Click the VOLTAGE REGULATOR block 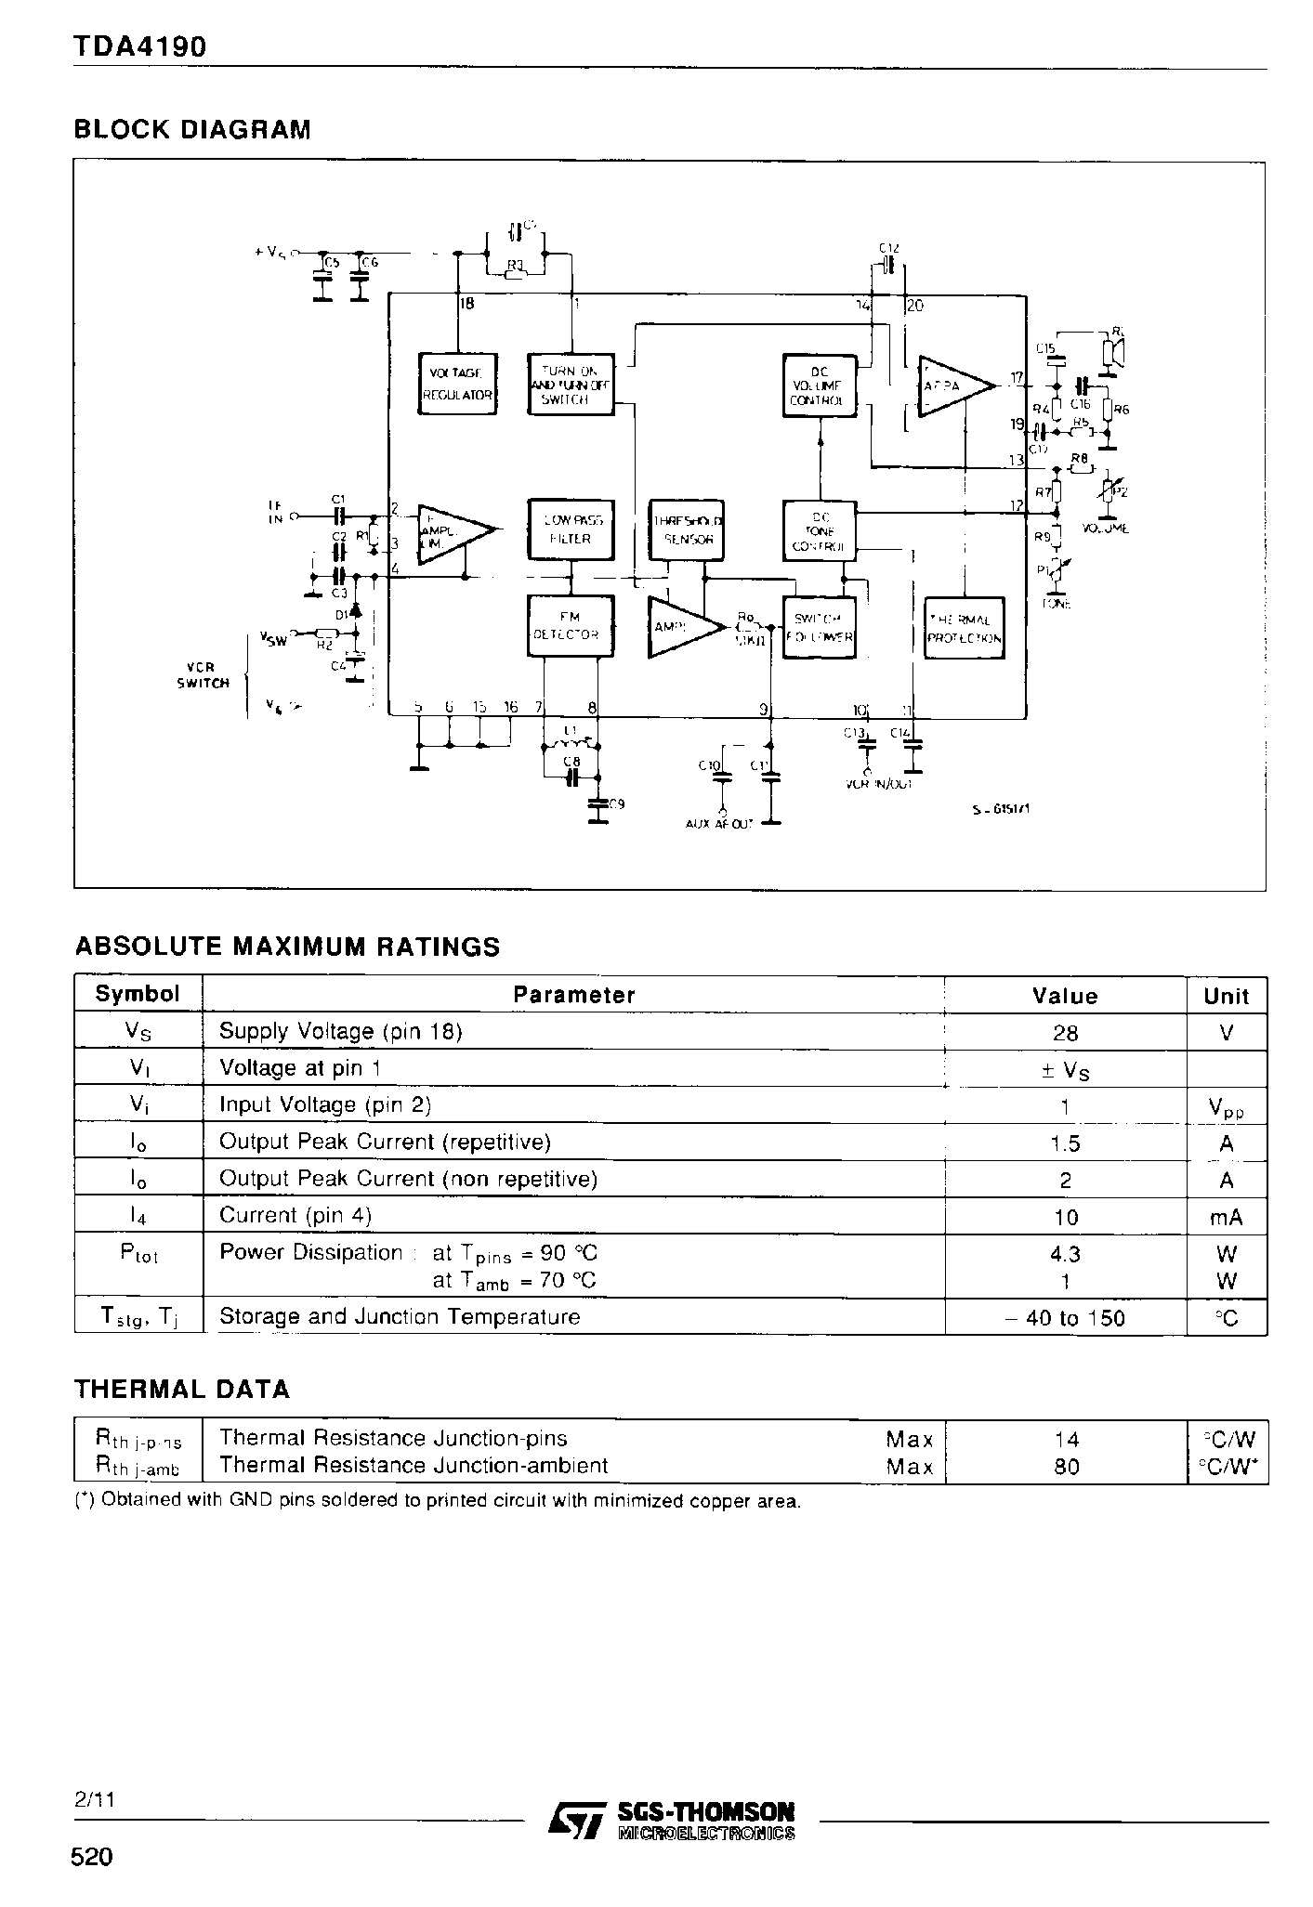457,383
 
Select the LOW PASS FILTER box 571,529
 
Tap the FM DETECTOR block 571,625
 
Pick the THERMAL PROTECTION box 965,629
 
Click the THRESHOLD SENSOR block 688,529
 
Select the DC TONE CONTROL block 818,531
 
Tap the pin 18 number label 466,304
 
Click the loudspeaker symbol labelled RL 1111,353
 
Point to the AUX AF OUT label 719,823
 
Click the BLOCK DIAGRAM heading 192,129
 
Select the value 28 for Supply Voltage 1065,1033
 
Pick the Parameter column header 573,995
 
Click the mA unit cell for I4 1226,1217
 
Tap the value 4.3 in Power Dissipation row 1065,1254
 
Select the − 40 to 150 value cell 1065,1318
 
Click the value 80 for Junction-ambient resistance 1066,1467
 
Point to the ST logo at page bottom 573,1819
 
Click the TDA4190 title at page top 139,46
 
